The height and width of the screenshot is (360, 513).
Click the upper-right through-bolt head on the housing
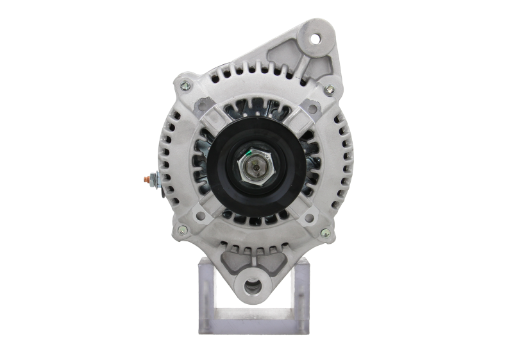point(329,89)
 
